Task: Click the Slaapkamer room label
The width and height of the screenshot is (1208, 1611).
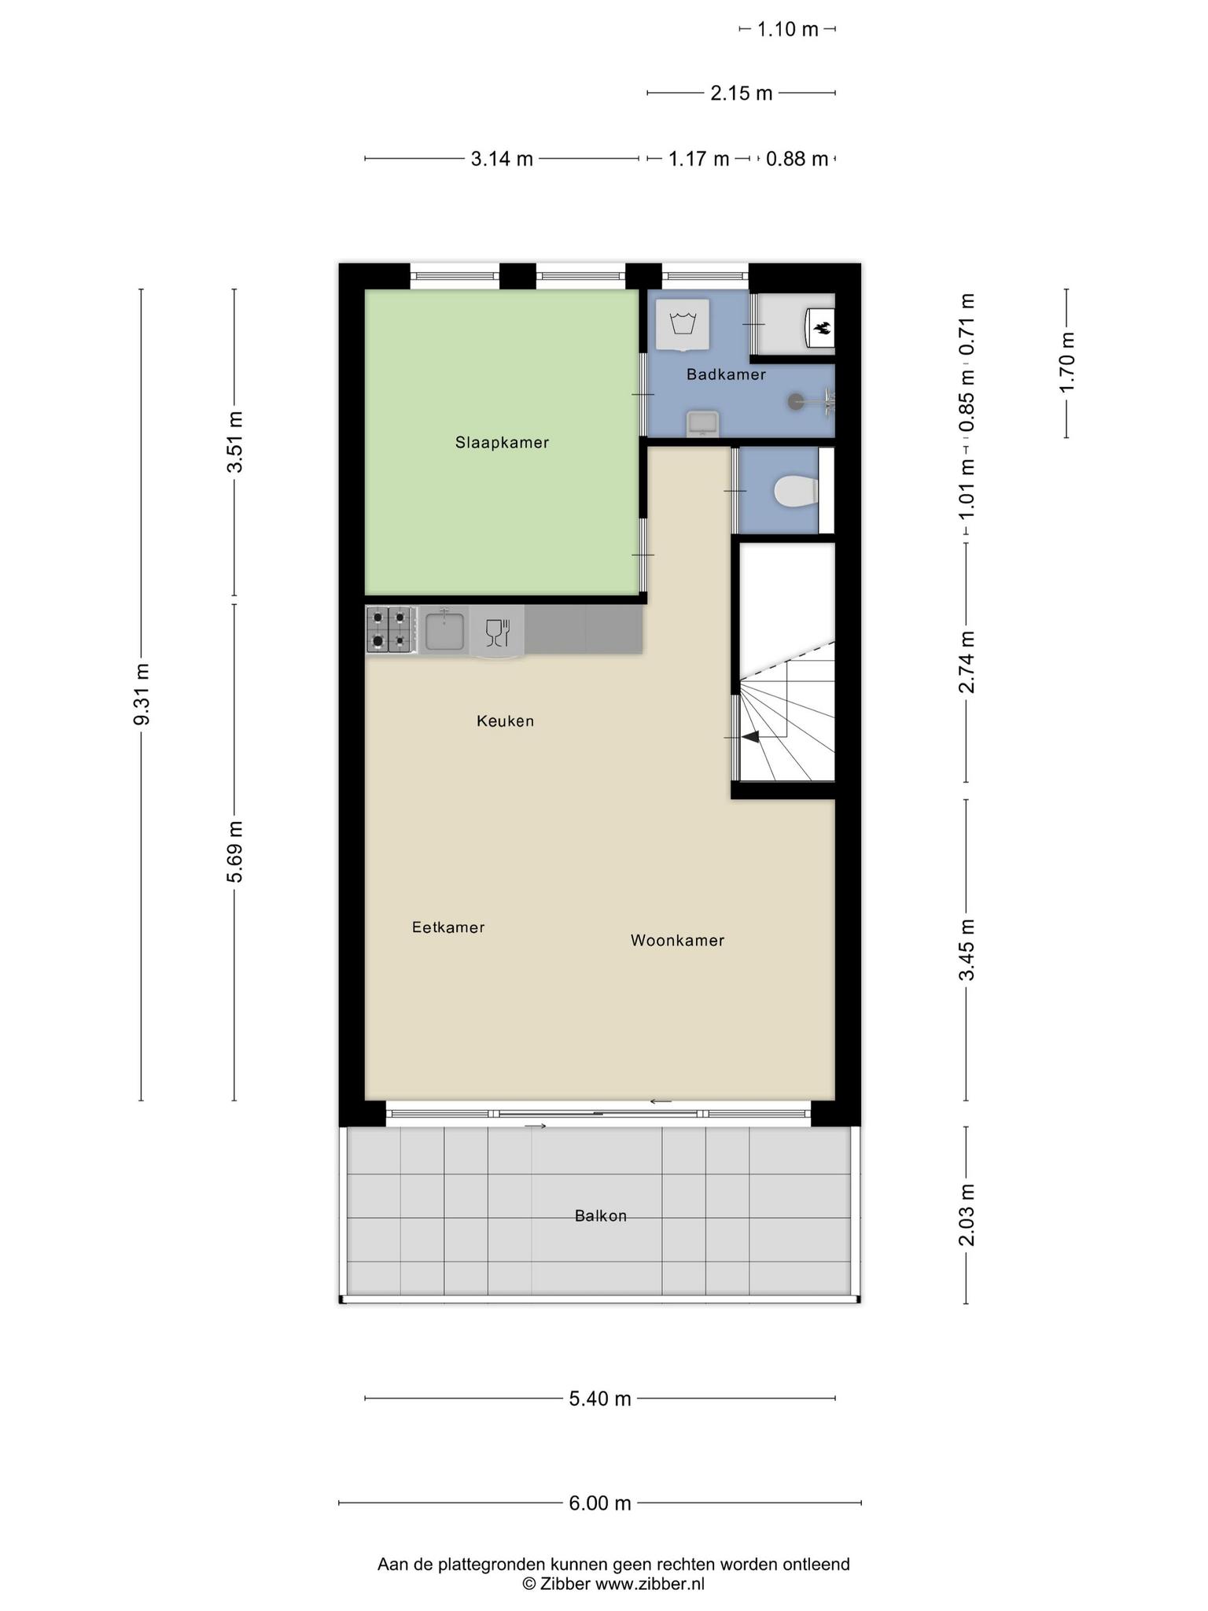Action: (502, 443)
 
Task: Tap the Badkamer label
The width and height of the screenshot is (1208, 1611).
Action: (726, 374)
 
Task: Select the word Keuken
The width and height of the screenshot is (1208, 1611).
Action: (505, 721)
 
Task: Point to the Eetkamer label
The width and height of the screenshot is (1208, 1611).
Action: (448, 927)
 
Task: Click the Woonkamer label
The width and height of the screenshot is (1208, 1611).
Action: (677, 940)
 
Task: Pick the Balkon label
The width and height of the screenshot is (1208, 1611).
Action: (601, 1216)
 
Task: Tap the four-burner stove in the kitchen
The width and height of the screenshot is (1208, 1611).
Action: (391, 629)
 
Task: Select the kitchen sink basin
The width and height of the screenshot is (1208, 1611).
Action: (444, 630)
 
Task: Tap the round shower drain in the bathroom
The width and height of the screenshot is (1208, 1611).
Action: (794, 401)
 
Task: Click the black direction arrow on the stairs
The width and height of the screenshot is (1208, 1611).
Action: (751, 737)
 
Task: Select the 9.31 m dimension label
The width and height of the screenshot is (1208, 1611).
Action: (142, 695)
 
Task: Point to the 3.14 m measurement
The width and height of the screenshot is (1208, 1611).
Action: (502, 159)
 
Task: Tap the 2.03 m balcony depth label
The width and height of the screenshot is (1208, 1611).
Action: (967, 1215)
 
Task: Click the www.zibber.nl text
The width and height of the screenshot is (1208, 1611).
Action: (650, 1584)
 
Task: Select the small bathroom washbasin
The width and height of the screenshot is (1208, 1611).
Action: (702, 423)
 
